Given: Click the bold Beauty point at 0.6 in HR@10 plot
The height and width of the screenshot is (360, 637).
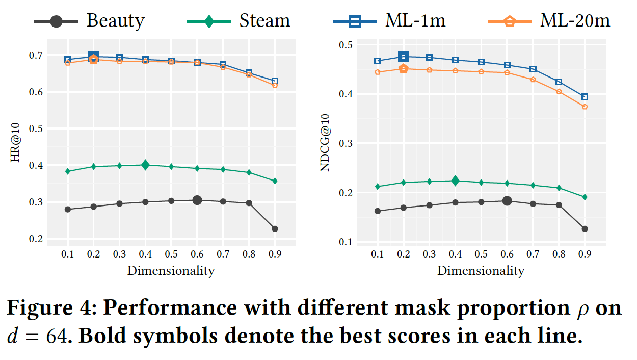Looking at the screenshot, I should [197, 200].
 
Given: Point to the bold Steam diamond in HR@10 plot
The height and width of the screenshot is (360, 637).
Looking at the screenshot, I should [145, 165].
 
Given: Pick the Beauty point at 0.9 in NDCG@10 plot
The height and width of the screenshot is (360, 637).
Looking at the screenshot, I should [585, 229].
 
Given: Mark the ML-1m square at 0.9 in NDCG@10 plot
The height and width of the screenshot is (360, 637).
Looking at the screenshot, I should [585, 97].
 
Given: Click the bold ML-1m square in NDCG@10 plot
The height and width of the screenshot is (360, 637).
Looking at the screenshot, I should [403, 57].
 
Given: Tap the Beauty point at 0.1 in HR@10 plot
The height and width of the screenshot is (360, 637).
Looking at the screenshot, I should [68, 209].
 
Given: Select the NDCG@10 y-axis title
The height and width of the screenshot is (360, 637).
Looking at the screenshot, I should [325, 143].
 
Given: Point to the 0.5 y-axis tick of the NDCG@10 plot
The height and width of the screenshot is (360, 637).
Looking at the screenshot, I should [347, 45].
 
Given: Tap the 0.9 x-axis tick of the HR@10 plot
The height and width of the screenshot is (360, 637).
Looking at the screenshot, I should [275, 254].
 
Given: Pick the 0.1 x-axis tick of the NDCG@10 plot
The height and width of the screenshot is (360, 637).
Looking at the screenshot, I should [377, 254].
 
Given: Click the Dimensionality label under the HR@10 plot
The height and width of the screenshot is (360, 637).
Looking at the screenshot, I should [171, 270].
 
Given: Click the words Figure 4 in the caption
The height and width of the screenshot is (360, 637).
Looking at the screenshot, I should [51, 308].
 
